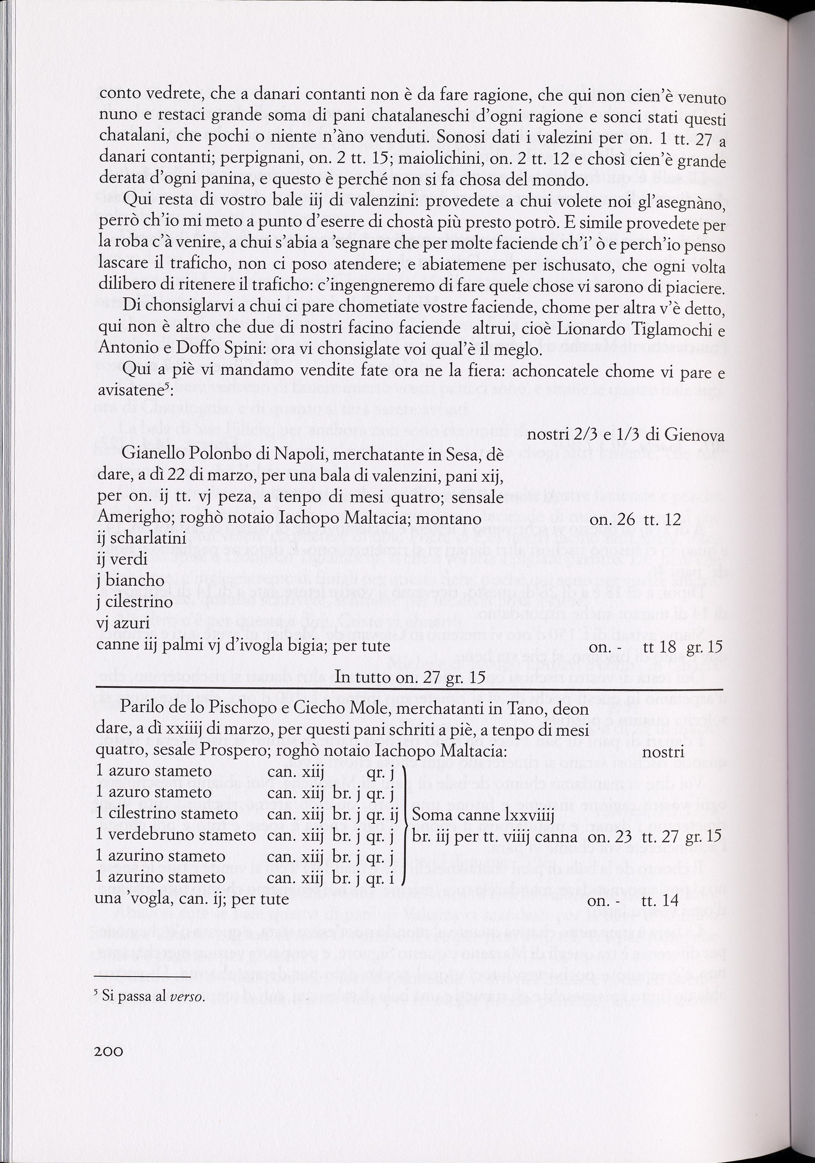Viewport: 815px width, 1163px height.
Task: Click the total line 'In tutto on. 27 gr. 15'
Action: coord(410,677)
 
